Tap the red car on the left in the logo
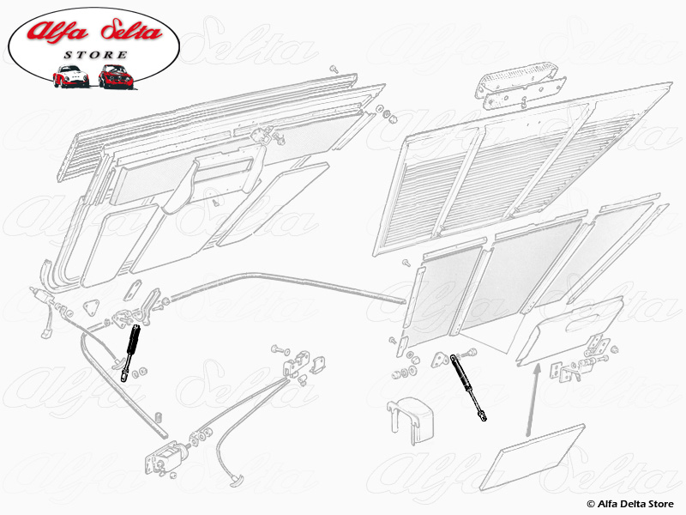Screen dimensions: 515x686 coord(71,76)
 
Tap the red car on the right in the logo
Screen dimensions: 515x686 coord(114,76)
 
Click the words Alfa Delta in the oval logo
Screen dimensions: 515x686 coord(94,35)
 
